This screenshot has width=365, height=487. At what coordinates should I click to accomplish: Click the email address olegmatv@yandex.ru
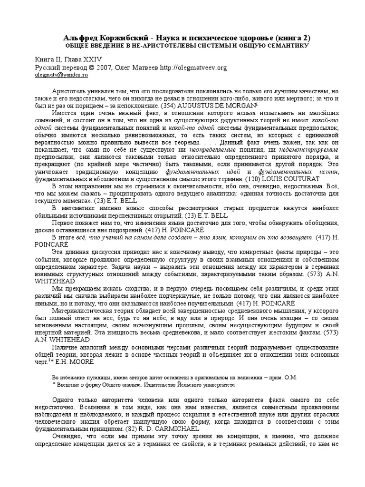pyautogui.click(x=62, y=75)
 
